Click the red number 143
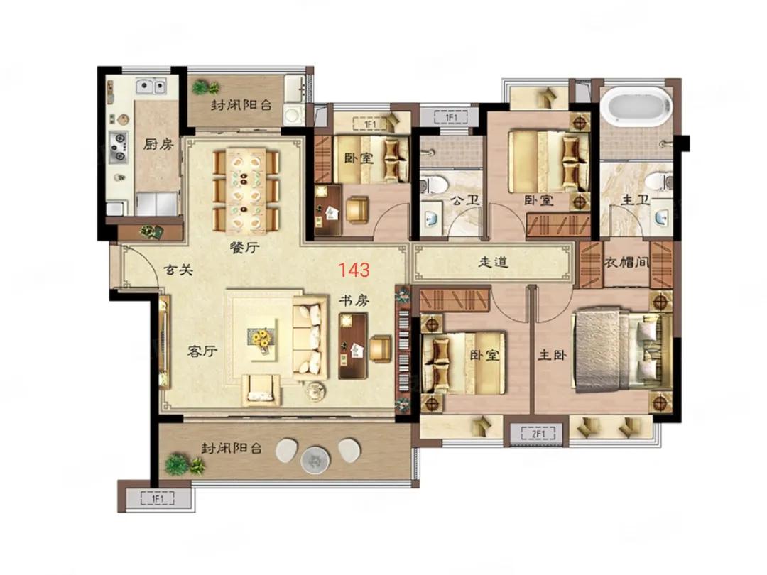pos(354,270)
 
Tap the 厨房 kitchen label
pos(158,144)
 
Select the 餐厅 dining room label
pos(244,248)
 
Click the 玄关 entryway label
pos(178,270)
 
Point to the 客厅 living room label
pos(202,351)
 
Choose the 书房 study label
pos(354,300)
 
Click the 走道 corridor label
pos(493,262)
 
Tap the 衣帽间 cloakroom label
pos(626,263)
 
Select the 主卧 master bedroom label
pos(553,354)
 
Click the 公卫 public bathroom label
pos(464,200)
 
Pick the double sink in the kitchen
pos(151,87)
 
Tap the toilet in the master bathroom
pos(659,182)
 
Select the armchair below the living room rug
pos(261,390)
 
